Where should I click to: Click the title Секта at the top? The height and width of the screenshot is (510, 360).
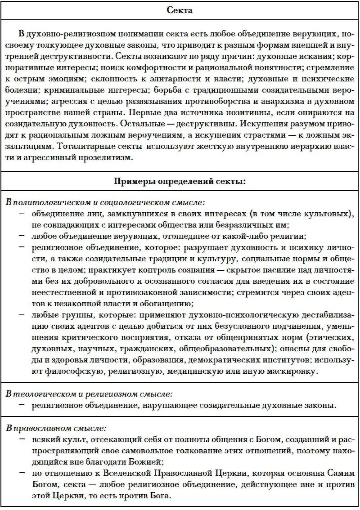pyautogui.click(x=180, y=10)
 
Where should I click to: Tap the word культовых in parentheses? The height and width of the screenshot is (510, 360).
pyautogui.click(x=328, y=213)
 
